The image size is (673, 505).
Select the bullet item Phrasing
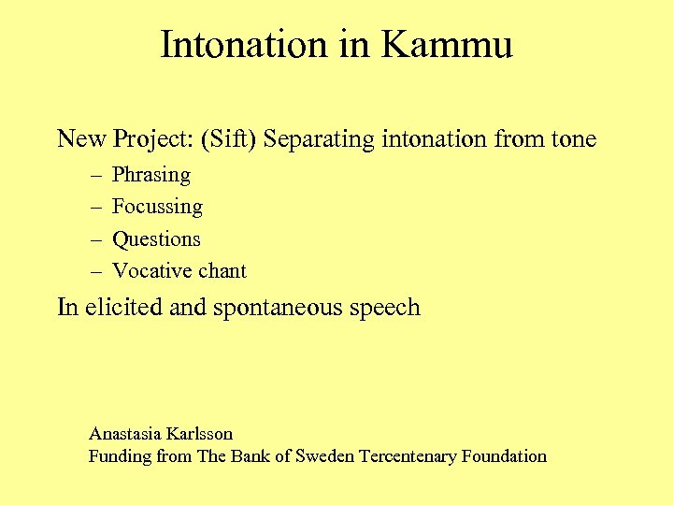click(150, 175)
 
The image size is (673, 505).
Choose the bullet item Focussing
click(157, 207)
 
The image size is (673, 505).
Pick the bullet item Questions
click(156, 238)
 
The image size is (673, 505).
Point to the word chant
click(220, 271)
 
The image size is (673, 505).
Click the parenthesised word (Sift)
click(229, 140)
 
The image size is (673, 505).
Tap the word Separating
click(320, 140)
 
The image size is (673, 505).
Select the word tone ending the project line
click(573, 140)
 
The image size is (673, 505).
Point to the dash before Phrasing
click(96, 175)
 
